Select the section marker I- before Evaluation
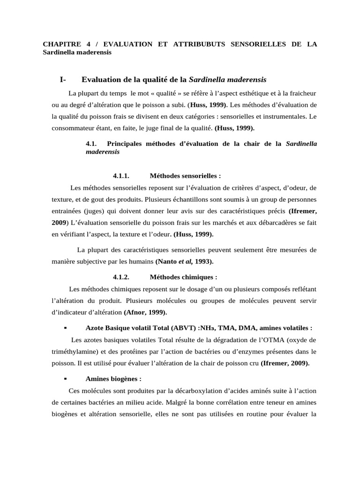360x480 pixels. pos(64,80)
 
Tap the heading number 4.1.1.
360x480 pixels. pos(121,176)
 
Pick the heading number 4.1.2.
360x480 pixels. pos(121,277)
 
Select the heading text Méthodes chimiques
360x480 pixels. pos(183,277)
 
